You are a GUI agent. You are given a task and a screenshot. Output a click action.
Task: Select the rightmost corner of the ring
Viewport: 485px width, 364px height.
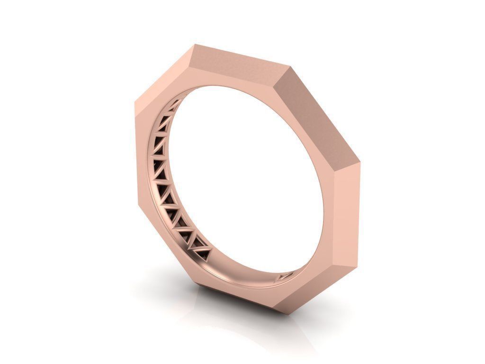[x=362, y=175]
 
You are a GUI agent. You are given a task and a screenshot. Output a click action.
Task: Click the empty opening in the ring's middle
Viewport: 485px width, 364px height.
[x=246, y=180]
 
